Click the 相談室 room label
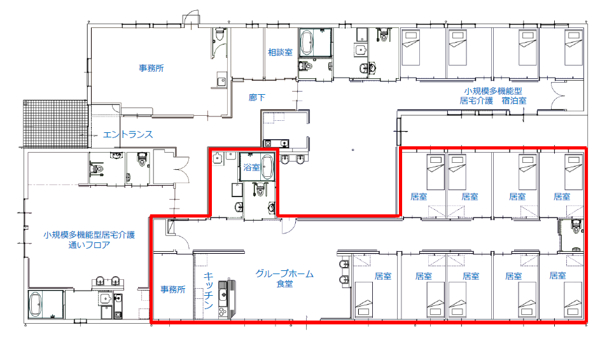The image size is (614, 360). (280, 52)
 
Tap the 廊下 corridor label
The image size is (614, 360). (257, 97)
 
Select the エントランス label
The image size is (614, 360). (128, 135)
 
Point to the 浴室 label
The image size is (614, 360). (251, 167)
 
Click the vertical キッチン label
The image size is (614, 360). (208, 290)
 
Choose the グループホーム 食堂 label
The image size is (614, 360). (284, 279)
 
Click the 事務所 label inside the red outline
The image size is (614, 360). (172, 289)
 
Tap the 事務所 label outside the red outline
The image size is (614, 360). (151, 68)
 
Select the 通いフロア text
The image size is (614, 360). (89, 246)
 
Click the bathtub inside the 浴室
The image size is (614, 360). (268, 167)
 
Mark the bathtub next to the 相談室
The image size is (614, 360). (307, 43)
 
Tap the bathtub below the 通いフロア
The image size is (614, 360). (35, 305)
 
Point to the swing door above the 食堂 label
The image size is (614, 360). (289, 226)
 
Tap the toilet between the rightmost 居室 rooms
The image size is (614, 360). (575, 226)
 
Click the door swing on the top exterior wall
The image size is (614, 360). (191, 18)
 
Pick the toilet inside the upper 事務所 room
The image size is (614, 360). (220, 34)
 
